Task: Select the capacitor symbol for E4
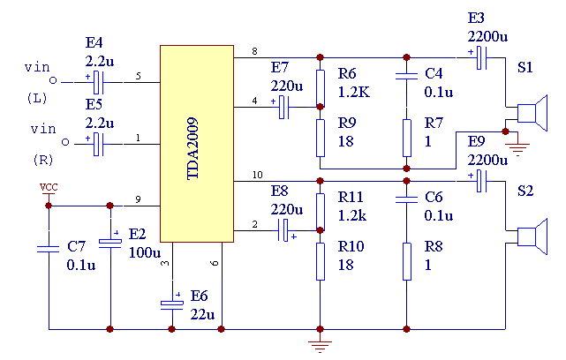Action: pos(98,82)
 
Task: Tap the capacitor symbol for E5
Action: pos(98,144)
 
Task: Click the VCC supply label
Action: pos(49,188)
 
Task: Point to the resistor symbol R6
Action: pos(319,78)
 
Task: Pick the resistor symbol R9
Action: pos(319,138)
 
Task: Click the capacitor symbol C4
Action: pos(406,78)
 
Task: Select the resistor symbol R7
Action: pos(406,138)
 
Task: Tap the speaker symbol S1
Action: pos(524,114)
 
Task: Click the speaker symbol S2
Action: pos(524,237)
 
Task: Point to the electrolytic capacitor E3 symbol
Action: pos(480,58)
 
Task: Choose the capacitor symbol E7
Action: pos(284,108)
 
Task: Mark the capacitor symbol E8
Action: pos(284,232)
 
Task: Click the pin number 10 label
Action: pos(256,175)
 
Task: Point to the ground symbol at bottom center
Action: pos(319,343)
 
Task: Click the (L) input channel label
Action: pos(38,96)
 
